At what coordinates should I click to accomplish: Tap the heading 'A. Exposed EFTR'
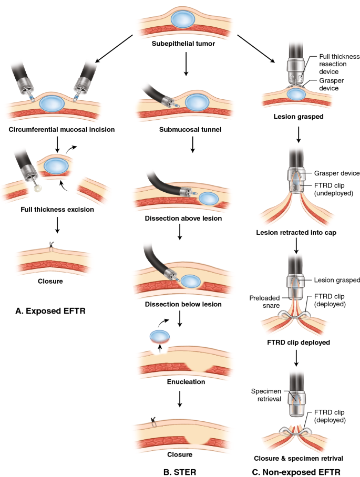coord(50,312)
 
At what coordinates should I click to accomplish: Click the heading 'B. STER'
coord(179,458)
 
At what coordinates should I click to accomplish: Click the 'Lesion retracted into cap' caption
coord(296,232)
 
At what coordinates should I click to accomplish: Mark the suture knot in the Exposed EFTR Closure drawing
coord(51,244)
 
